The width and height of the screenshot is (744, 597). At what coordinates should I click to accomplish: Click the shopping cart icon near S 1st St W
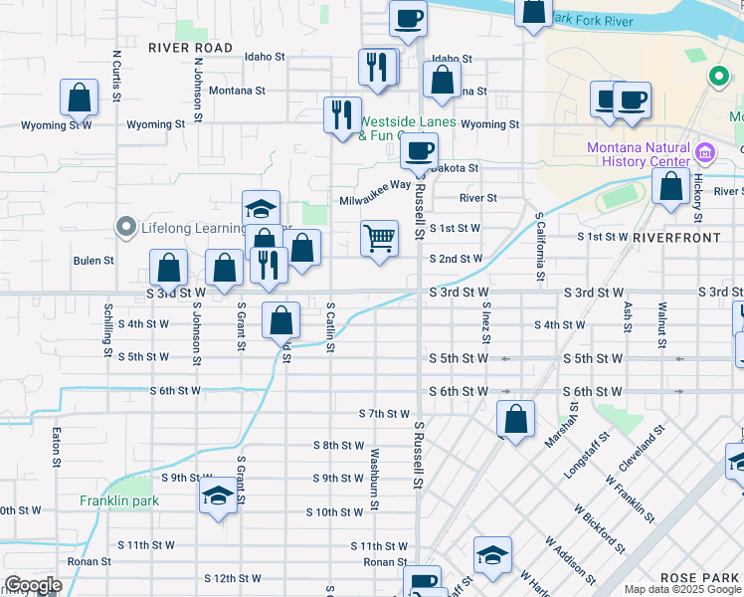point(379,238)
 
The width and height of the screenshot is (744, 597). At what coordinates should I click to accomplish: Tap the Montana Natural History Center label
point(638,153)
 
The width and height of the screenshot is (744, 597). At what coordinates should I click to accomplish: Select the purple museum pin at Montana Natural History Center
point(706,153)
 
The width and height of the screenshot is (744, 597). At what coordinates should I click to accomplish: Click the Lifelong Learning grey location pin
point(125,228)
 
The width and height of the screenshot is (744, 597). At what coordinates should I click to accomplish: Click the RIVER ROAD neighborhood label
point(190,48)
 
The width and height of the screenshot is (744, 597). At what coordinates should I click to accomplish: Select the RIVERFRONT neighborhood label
point(676,238)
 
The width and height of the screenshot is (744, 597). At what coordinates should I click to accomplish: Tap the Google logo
point(33,585)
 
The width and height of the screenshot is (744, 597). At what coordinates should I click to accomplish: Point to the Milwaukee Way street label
point(375,185)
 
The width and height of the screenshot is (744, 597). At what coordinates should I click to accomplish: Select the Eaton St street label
point(56,445)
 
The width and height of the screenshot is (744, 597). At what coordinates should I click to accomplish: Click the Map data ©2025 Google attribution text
point(681,589)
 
